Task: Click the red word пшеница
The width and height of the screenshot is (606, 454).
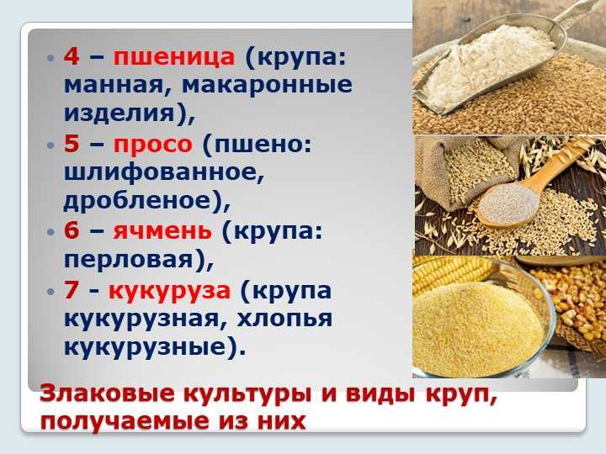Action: pyautogui.click(x=174, y=57)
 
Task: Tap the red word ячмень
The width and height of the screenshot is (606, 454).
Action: pyautogui.click(x=162, y=231)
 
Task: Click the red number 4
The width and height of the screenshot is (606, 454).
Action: pyautogui.click(x=72, y=56)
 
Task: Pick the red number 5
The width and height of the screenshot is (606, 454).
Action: pyautogui.click(x=72, y=144)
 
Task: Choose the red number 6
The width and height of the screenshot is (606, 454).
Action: pyautogui.click(x=72, y=230)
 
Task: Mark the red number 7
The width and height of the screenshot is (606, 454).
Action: pyautogui.click(x=72, y=290)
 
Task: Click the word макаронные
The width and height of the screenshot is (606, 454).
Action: pyautogui.click(x=267, y=85)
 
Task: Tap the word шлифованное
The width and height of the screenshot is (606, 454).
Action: pyautogui.click(x=164, y=172)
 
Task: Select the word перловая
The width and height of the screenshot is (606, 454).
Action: pyautogui.click(x=128, y=260)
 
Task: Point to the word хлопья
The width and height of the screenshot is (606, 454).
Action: pyautogui.click(x=284, y=319)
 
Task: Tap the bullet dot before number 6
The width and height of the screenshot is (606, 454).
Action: pyautogui.click(x=50, y=232)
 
